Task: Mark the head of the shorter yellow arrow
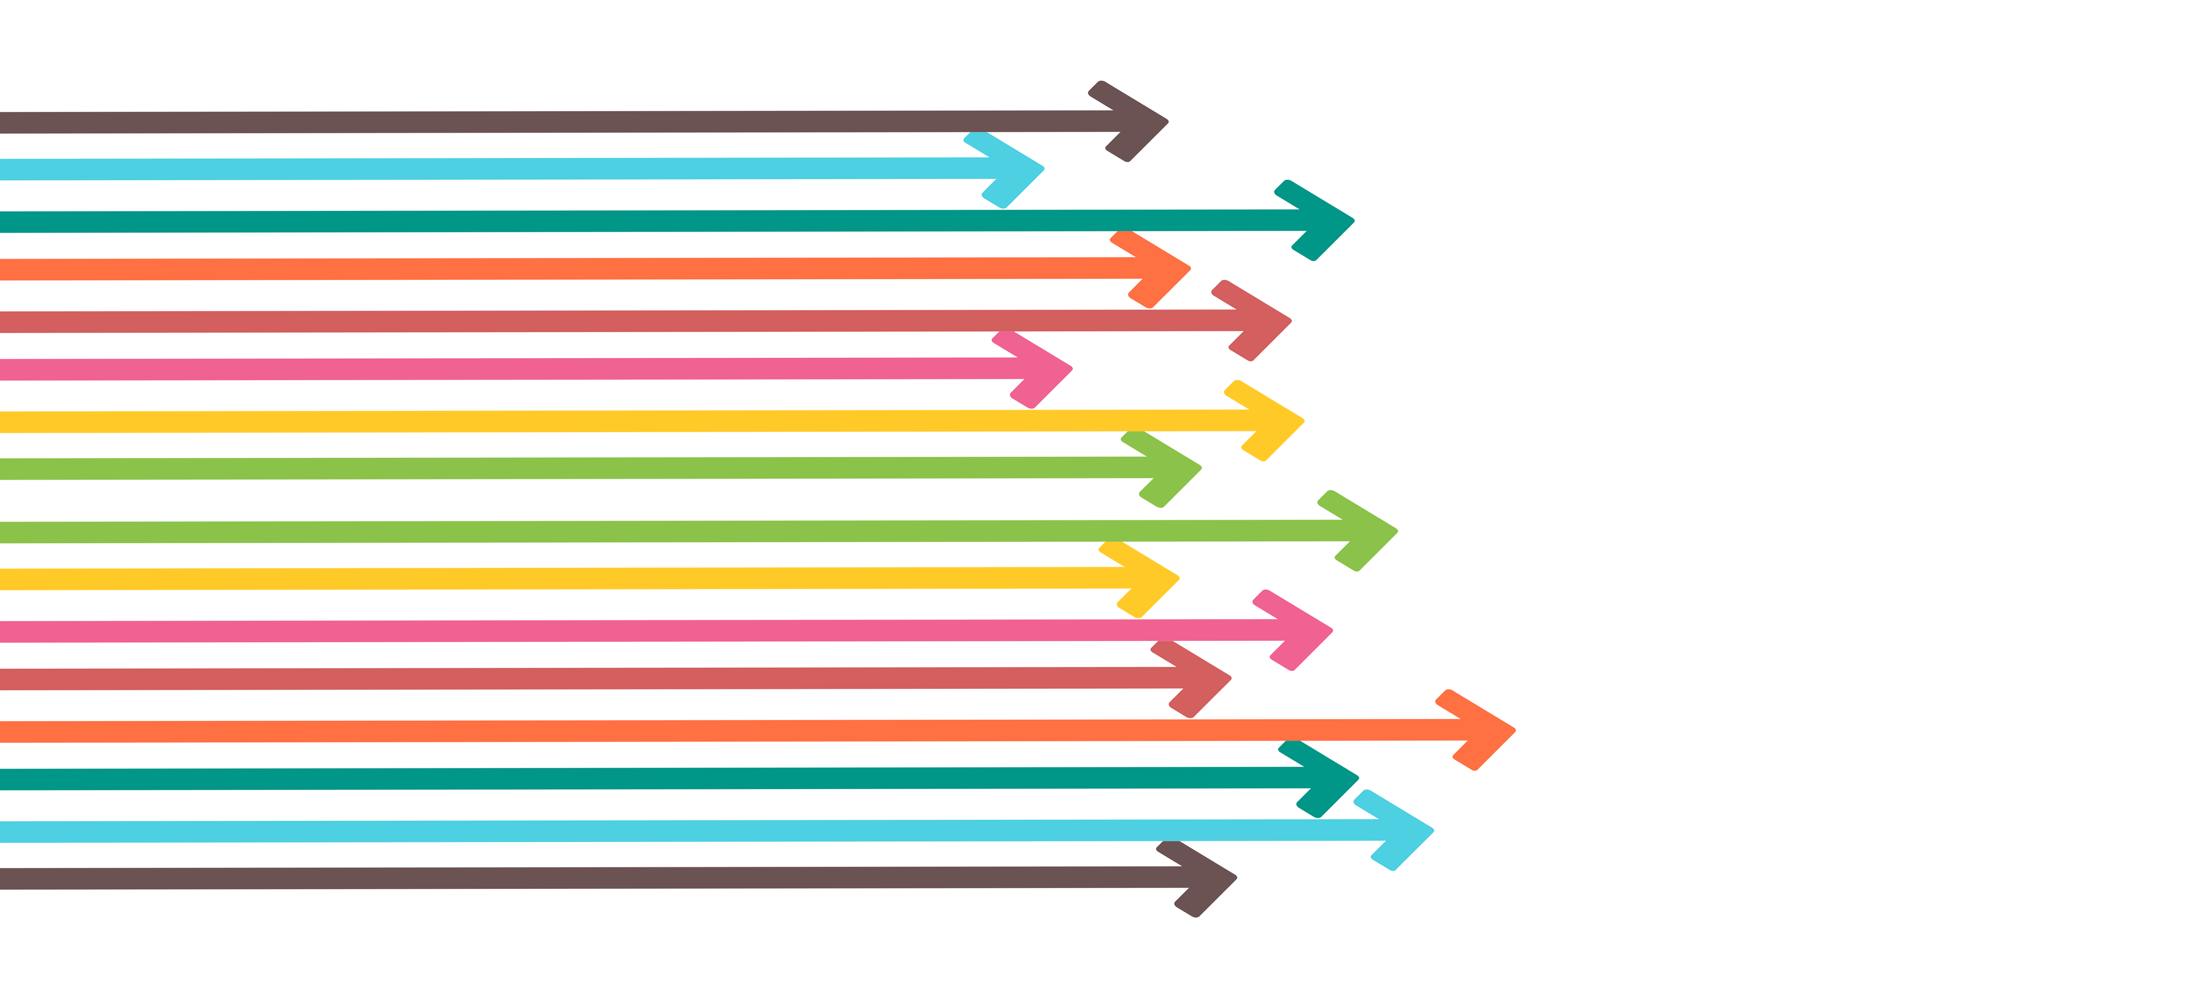point(1158,582)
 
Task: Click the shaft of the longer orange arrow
point(686,732)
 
